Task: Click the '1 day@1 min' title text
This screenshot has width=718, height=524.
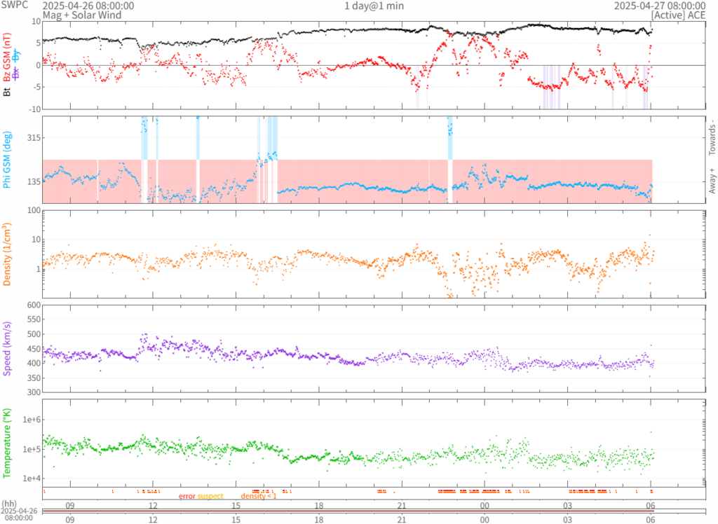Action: [x=374, y=6]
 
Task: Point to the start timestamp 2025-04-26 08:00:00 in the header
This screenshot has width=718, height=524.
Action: [x=88, y=6]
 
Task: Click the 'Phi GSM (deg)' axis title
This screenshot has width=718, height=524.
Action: [x=7, y=160]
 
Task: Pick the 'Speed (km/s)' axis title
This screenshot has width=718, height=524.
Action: [x=7, y=348]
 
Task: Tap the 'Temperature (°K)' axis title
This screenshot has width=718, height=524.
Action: [x=7, y=441]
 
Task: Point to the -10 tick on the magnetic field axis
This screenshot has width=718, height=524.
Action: [x=33, y=109]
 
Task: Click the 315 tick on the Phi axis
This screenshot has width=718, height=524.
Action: [x=30, y=138]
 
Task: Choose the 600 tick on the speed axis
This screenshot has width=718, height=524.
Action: [x=32, y=305]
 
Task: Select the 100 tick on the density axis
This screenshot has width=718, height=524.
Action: [x=32, y=210]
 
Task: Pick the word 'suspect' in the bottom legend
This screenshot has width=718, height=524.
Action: [x=210, y=496]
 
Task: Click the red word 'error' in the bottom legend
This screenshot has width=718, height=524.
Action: [x=187, y=496]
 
